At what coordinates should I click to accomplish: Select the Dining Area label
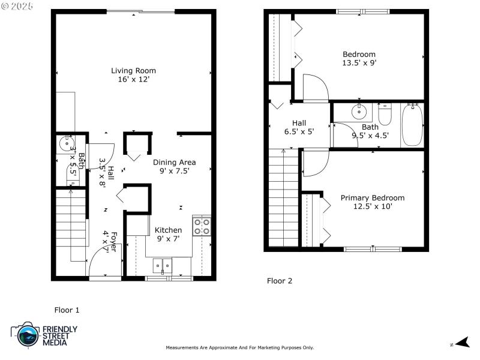coord(174,162)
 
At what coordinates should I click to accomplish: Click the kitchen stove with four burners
coord(202,226)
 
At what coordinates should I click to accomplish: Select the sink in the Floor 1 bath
coord(64,143)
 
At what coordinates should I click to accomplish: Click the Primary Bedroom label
coord(372,198)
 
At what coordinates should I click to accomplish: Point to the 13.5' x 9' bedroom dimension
coord(359,63)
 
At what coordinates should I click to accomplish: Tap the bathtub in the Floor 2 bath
coord(412,125)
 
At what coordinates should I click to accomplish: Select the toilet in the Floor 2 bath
coord(385,113)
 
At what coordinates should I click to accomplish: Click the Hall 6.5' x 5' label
coord(299,127)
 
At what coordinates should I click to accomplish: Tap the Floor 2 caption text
coord(279,281)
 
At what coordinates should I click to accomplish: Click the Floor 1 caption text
coord(67,310)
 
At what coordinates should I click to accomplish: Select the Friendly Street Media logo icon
coord(26,335)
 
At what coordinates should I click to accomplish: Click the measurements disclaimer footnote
coord(239,348)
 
